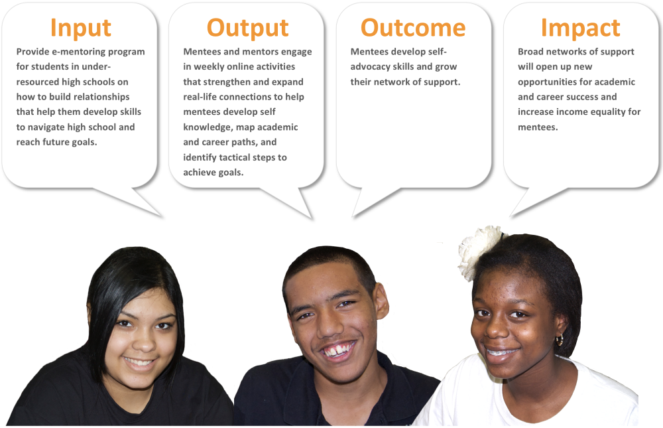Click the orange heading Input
click(x=80, y=29)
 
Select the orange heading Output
click(x=247, y=29)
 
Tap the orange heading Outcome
click(x=413, y=28)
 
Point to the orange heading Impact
click(x=581, y=29)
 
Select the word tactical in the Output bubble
click(x=235, y=157)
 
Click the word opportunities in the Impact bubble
click(x=545, y=82)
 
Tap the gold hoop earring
click(x=560, y=339)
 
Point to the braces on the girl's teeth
click(x=501, y=352)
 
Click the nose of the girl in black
click(x=144, y=342)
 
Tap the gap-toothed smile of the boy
click(x=337, y=350)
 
